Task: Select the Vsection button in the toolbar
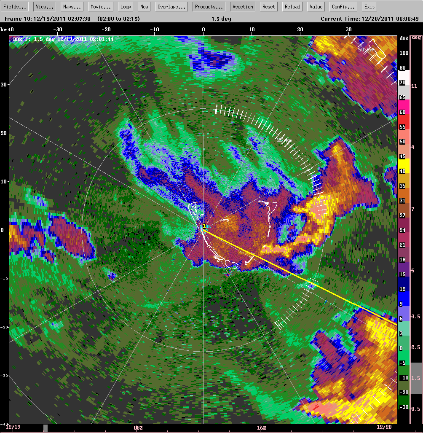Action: tap(243, 7)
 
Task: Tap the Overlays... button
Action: tap(172, 7)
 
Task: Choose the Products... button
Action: tap(209, 7)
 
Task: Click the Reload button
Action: tap(292, 7)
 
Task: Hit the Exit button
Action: tap(369, 7)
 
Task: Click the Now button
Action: tap(145, 7)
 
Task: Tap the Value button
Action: tap(316, 7)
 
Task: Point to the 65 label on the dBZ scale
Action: tap(403, 97)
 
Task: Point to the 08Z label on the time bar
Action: tap(138, 428)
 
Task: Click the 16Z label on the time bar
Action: tap(262, 428)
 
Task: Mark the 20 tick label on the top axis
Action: tap(300, 30)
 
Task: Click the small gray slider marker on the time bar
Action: tap(46, 428)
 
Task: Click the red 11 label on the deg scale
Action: tap(414, 86)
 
